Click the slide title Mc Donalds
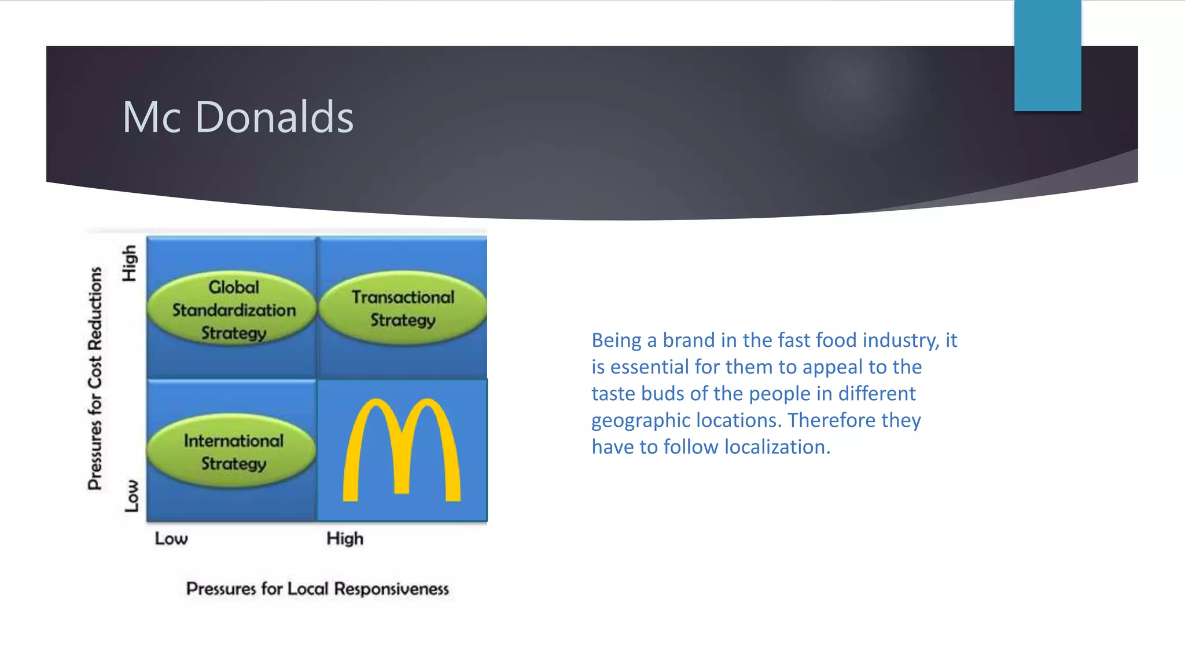[x=238, y=117]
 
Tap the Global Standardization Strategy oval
[x=233, y=310]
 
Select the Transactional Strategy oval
[x=403, y=309]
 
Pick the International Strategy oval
[x=233, y=452]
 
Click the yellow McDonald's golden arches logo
[x=402, y=450]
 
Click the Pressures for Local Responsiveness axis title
[x=317, y=589]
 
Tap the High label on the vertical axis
[x=130, y=263]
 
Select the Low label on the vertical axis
[x=132, y=496]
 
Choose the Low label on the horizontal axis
[x=171, y=538]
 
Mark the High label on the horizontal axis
[x=345, y=538]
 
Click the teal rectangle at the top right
[x=1047, y=56]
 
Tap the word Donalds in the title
[x=274, y=117]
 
